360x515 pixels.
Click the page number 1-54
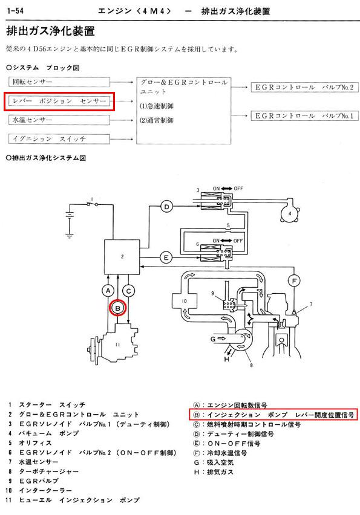pyautogui.click(x=15, y=11)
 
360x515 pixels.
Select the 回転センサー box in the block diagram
pyautogui.click(x=59, y=82)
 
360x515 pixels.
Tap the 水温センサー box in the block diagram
pyautogui.click(x=59, y=120)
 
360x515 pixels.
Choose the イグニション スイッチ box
pyautogui.click(x=59, y=139)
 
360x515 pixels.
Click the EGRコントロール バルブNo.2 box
pyautogui.click(x=304, y=88)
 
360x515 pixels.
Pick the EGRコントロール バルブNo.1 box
pyautogui.click(x=304, y=115)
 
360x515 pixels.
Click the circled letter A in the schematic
pyautogui.click(x=108, y=291)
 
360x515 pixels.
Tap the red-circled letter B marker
pyautogui.click(x=118, y=308)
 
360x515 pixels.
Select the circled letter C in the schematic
pyautogui.click(x=128, y=291)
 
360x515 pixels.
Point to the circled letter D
pyautogui.click(x=166, y=207)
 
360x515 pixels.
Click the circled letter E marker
pyautogui.click(x=166, y=258)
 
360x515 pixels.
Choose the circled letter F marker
pyautogui.click(x=294, y=281)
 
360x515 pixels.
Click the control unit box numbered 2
pyautogui.click(x=122, y=257)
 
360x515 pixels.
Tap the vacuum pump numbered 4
pyautogui.click(x=290, y=213)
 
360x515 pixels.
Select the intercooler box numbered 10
pyautogui.click(x=185, y=301)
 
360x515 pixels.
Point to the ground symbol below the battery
pyautogui.click(x=70, y=235)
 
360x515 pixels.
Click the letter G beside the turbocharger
pyautogui.click(x=213, y=338)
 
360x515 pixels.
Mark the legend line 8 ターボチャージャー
pyautogui.click(x=44, y=471)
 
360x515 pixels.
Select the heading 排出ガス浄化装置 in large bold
pyautogui.click(x=51, y=31)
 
